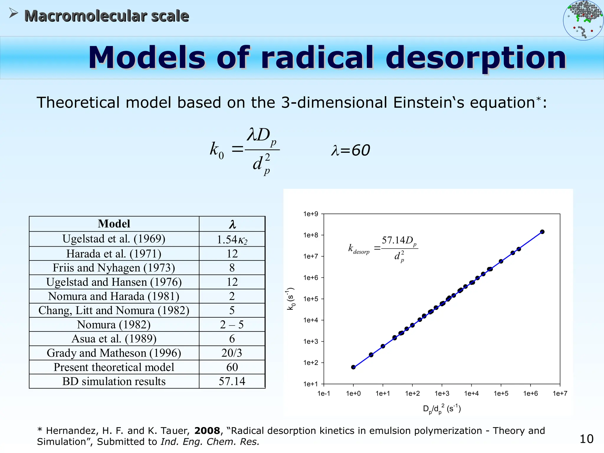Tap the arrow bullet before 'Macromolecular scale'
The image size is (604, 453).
(x=13, y=13)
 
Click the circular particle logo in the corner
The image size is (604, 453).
(x=583, y=20)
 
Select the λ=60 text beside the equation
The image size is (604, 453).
(x=350, y=150)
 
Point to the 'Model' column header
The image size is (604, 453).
(x=114, y=224)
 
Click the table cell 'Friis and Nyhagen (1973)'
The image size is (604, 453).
(x=114, y=268)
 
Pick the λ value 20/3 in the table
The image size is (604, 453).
(x=232, y=353)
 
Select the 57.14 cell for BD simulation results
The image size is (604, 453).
(x=232, y=381)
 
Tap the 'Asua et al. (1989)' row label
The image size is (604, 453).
(x=114, y=339)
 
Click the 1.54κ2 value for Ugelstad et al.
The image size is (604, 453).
(x=232, y=239)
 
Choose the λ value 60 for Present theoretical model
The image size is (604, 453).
(x=232, y=367)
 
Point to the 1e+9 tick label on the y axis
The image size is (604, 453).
(x=311, y=214)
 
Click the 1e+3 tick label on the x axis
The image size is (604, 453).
(x=442, y=393)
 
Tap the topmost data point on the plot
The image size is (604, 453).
(x=542, y=232)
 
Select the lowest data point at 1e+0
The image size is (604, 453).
(x=353, y=367)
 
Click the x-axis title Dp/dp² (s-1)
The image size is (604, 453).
(x=442, y=409)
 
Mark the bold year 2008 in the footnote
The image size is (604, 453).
(x=207, y=431)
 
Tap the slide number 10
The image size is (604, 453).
(x=586, y=439)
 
